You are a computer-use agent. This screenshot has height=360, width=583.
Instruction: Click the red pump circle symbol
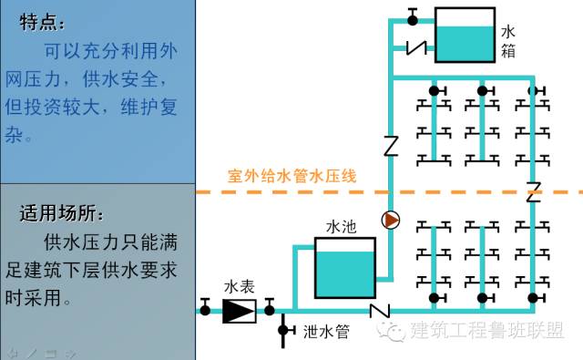point(391,220)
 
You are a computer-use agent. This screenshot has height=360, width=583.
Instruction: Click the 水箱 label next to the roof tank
point(508,41)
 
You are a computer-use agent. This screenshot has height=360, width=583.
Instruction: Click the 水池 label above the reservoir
point(341,224)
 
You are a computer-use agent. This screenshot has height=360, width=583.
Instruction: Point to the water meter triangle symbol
point(240,311)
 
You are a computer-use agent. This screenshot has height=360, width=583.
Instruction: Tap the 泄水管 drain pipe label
point(326,332)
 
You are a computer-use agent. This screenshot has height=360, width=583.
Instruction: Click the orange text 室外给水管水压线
point(291,175)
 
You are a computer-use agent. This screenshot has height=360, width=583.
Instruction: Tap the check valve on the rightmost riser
point(534,191)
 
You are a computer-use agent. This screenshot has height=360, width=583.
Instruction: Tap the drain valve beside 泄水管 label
point(283,329)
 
